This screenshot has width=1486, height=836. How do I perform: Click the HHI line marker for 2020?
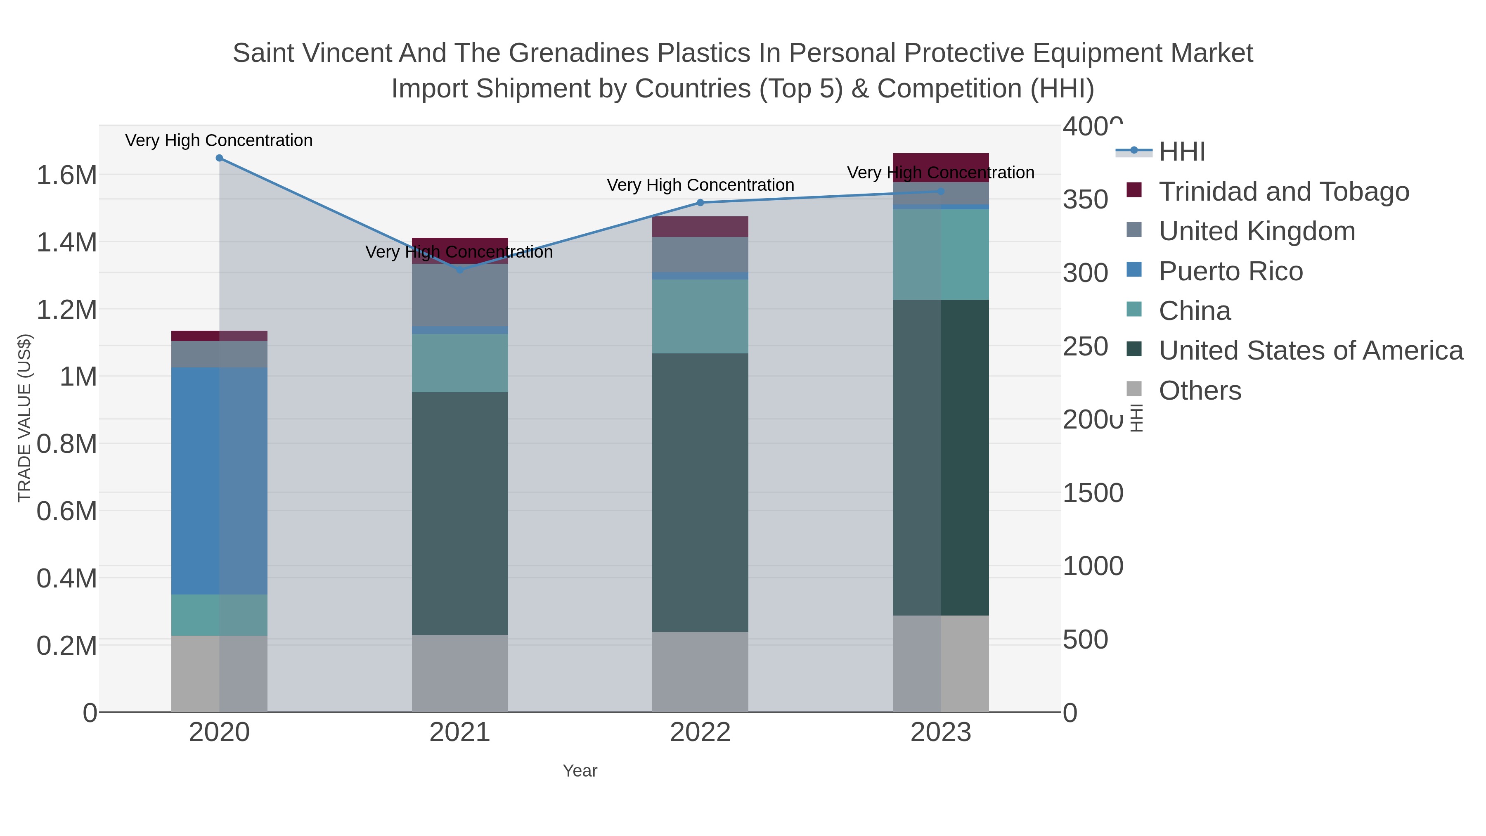click(x=219, y=158)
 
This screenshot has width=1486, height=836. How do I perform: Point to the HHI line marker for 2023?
click(x=941, y=191)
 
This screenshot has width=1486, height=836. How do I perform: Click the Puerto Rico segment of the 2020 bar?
click(x=219, y=481)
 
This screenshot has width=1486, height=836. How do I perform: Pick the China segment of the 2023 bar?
click(x=941, y=254)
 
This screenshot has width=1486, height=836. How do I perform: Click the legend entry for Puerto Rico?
click(x=1230, y=271)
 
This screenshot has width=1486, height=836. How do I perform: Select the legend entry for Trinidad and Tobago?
click(x=1283, y=192)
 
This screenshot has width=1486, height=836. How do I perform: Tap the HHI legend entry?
click(x=1181, y=152)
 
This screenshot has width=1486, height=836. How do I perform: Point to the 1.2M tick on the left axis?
click(x=66, y=310)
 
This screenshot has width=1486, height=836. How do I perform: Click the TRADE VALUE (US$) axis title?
click(x=24, y=418)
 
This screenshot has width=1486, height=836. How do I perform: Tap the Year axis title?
click(x=580, y=771)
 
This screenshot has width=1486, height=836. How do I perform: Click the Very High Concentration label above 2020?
click(x=219, y=141)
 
